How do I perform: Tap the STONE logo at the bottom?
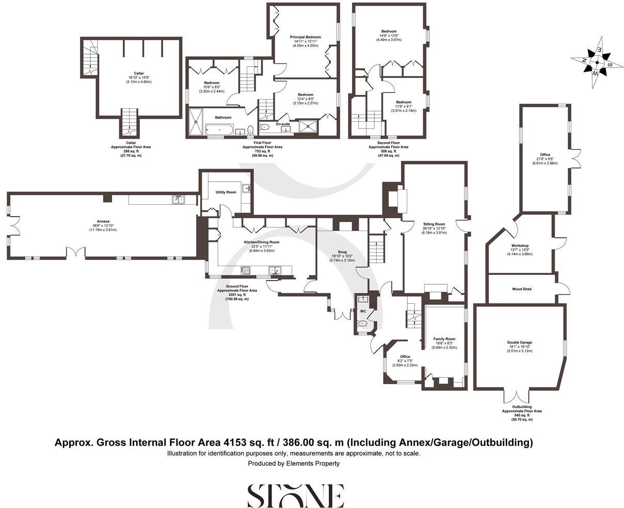point(296,496)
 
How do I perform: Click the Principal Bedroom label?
point(305,37)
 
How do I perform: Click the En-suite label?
point(282,124)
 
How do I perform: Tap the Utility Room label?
point(226,192)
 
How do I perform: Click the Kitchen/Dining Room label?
point(261,242)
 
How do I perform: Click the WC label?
point(362,311)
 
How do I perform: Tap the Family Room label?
point(444,339)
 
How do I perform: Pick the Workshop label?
point(520,245)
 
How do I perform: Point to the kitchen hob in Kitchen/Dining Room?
point(246,270)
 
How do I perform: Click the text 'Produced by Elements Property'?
point(294,464)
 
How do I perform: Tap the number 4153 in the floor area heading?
point(235,443)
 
